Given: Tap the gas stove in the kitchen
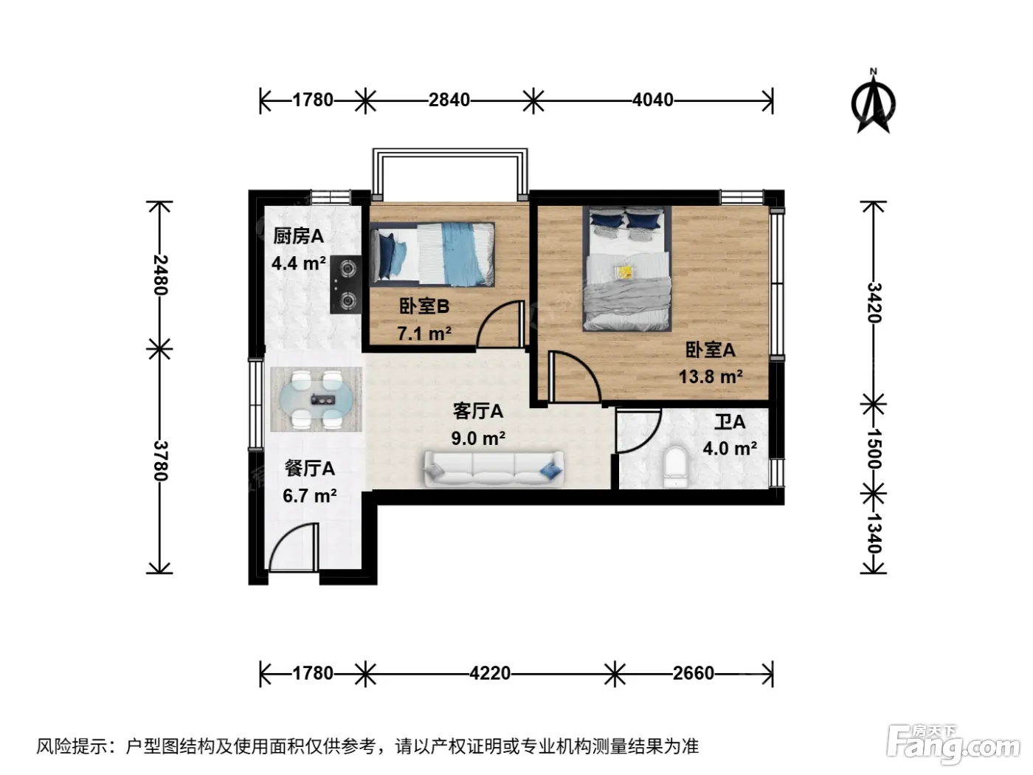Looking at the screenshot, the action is point(346,285).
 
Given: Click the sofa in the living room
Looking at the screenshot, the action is point(494,469).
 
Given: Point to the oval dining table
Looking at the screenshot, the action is point(317,400).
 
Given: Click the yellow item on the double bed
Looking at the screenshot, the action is point(626,272).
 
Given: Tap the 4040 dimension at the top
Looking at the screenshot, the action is point(652,100).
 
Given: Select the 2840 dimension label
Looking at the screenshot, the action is point(449,100).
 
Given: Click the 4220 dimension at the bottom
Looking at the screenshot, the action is point(490,673).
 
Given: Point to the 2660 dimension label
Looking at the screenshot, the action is point(693,673).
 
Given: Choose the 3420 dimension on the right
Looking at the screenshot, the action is point(874,303).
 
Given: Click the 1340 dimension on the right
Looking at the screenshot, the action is point(874,533).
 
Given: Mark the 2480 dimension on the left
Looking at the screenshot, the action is point(161,275).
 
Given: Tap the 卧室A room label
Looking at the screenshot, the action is point(710,350).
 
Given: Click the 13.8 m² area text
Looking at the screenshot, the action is point(710,376).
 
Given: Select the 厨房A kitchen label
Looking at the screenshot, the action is point(298,236).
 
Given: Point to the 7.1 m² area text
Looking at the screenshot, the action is point(424,334).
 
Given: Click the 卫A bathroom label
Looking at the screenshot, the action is point(730,422).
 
